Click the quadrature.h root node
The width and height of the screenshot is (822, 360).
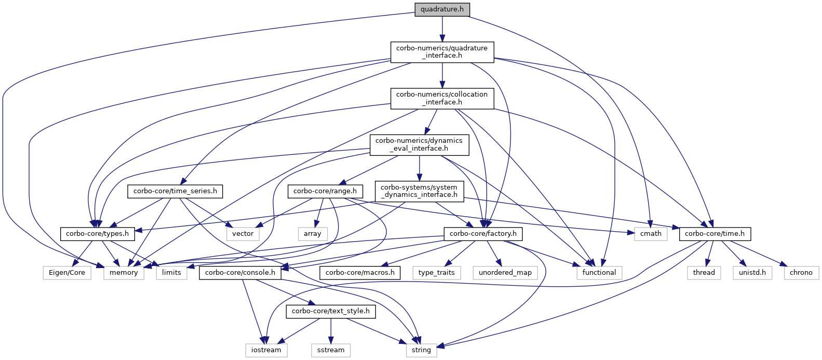(x=442, y=9)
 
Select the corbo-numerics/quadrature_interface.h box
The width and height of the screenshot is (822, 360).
(x=442, y=52)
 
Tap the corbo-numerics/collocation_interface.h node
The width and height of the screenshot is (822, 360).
(x=442, y=99)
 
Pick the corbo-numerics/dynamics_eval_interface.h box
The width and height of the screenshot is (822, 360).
(x=420, y=145)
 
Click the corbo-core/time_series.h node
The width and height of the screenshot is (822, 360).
(x=175, y=192)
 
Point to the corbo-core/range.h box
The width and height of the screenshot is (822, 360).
(x=325, y=192)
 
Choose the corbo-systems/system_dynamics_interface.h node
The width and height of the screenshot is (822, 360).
(x=419, y=192)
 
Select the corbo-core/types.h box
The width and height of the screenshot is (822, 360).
(x=97, y=234)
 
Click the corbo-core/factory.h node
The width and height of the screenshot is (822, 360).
(x=483, y=234)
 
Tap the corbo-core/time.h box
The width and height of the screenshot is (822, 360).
(x=715, y=234)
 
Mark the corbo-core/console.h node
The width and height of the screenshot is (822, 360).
(x=240, y=273)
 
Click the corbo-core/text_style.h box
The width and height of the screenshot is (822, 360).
(x=331, y=312)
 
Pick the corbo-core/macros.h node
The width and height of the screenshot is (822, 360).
(x=360, y=273)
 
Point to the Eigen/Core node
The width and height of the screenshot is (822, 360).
(x=67, y=273)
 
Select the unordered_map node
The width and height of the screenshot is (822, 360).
(x=505, y=273)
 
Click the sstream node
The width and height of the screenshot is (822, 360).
(x=331, y=351)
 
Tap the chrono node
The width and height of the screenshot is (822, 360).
(x=801, y=273)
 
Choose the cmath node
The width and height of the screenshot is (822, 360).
(x=651, y=234)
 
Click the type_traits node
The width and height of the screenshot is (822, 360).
(x=436, y=273)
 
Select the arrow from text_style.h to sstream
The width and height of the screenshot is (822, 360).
(x=331, y=331)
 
